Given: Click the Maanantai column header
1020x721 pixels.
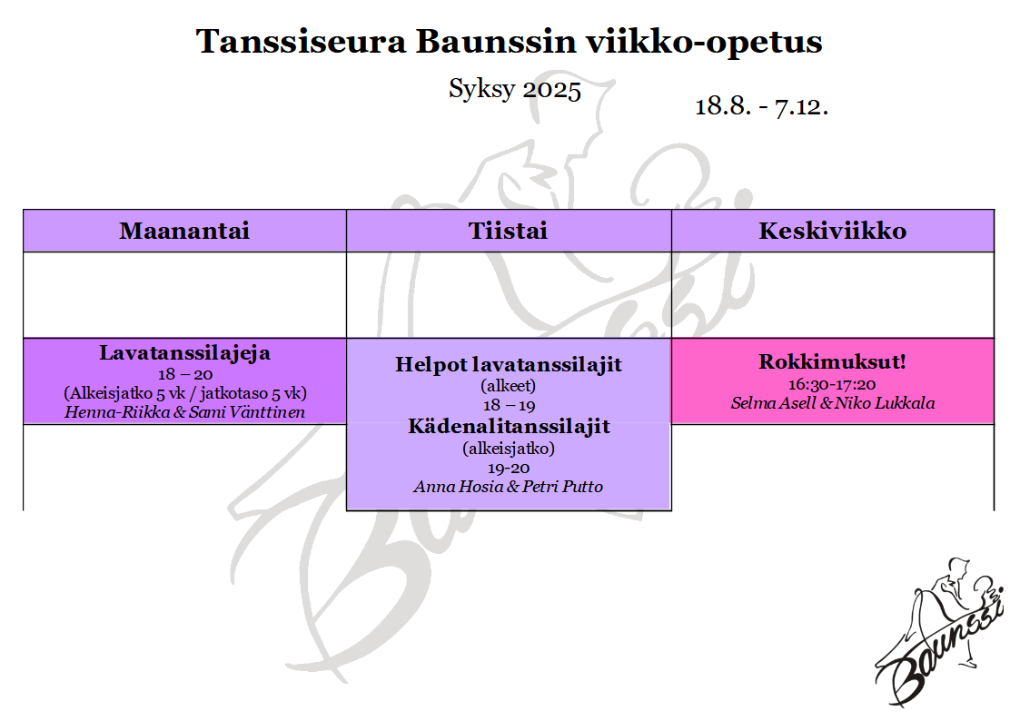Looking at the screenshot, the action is pyautogui.click(x=184, y=231).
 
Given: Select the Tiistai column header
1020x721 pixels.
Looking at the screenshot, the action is pyautogui.click(x=508, y=231).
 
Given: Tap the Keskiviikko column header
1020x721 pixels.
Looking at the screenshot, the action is pyautogui.click(x=832, y=231).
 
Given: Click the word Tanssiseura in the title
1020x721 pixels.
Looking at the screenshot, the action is pyautogui.click(x=302, y=41).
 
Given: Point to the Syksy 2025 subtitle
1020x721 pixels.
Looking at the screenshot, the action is pyautogui.click(x=515, y=89).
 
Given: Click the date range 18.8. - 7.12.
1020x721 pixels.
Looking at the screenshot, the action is pyautogui.click(x=761, y=106).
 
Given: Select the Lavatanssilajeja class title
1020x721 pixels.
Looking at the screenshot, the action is pyautogui.click(x=184, y=353).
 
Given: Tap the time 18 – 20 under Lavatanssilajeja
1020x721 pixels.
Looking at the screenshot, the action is pyautogui.click(x=184, y=374).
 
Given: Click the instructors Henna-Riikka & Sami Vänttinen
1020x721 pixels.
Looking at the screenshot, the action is pyautogui.click(x=184, y=412).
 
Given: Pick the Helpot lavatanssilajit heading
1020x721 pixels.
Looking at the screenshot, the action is pyautogui.click(x=508, y=365).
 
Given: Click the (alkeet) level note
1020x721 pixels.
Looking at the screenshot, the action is pyautogui.click(x=508, y=386).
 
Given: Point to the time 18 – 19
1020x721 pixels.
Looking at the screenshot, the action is pyautogui.click(x=508, y=406).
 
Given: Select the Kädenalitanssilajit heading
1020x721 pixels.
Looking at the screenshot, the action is pyautogui.click(x=509, y=427).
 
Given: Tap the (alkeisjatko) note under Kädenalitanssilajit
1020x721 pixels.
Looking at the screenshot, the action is pyautogui.click(x=508, y=449).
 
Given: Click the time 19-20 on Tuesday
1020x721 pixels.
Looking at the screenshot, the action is pyautogui.click(x=508, y=468).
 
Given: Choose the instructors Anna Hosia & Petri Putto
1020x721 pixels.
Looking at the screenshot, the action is pyautogui.click(x=508, y=487).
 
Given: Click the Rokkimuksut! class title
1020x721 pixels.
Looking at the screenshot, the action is pyautogui.click(x=832, y=362).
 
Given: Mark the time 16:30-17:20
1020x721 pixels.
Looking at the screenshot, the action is pyautogui.click(x=832, y=384).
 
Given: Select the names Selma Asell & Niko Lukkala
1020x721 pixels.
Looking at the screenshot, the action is pyautogui.click(x=833, y=403).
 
